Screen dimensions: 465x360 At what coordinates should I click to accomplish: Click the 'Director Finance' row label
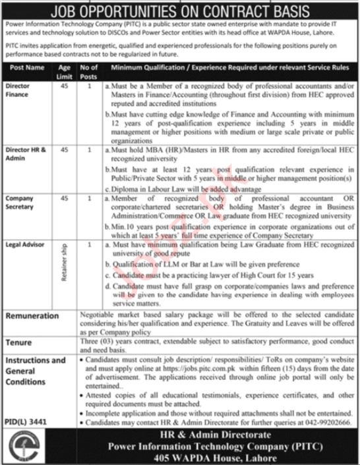(19, 90)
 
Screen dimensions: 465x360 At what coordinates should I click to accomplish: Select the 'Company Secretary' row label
(22, 201)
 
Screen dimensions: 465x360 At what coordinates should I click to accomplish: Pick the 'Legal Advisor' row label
(24, 244)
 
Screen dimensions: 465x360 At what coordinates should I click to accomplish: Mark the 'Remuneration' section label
(34, 316)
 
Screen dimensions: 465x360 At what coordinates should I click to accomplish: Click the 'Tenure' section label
(19, 342)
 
